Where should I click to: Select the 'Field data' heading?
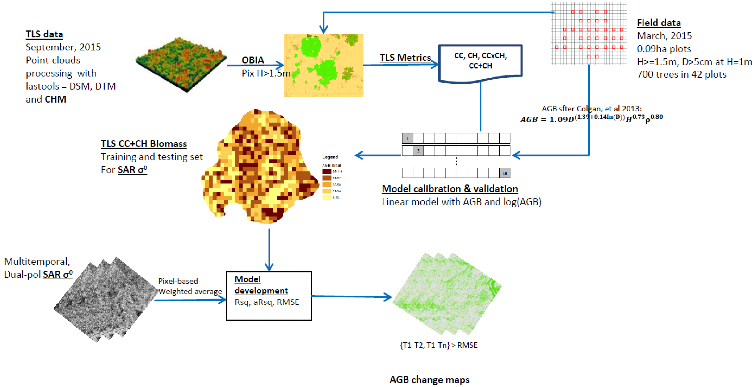659,23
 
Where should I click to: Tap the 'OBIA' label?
253,60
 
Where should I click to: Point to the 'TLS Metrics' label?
405,57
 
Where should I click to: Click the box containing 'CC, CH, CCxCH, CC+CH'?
480,61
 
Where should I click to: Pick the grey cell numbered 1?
408,138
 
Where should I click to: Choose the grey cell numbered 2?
418,151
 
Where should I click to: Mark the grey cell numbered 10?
505,173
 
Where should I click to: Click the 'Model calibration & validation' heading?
450,189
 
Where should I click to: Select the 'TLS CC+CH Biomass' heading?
144,144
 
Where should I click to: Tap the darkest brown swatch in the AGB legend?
326,171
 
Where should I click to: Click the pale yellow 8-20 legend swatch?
326,198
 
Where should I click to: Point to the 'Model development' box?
269,296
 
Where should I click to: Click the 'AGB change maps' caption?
429,379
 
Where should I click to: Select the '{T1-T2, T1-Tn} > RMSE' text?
438,345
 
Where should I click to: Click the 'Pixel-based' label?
178,281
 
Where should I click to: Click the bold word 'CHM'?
56,99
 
